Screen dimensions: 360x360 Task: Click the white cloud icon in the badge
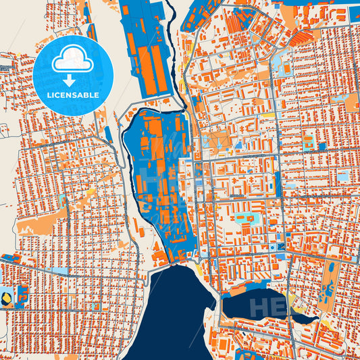coord(72,59)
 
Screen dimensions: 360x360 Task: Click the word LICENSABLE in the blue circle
coord(72,95)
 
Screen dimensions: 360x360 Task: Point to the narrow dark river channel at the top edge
coord(170,14)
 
